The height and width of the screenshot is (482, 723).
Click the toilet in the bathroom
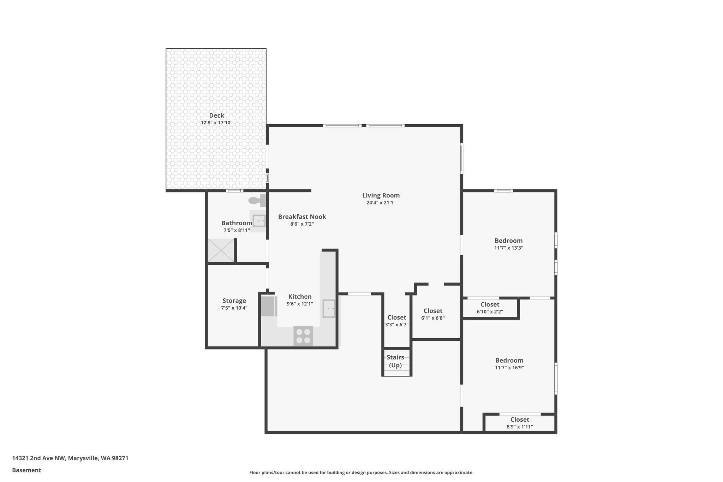[257, 201]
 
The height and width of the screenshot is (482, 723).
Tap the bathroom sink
[259, 221]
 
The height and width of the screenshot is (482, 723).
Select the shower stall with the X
[221, 250]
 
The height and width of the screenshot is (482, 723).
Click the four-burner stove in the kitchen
[303, 336]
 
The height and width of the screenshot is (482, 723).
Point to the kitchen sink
[329, 309]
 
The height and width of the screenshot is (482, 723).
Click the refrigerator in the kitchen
[269, 306]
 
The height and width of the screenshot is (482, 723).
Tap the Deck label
[216, 115]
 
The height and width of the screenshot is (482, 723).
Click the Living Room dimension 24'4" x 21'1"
[381, 203]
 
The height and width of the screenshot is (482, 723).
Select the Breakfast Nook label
[302, 216]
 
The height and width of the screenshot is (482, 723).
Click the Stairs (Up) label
[395, 361]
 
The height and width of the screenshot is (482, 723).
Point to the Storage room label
[234, 300]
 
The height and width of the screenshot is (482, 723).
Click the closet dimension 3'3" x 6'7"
[396, 325]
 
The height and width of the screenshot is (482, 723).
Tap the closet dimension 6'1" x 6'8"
[433, 318]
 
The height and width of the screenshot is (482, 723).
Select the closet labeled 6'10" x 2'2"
[490, 308]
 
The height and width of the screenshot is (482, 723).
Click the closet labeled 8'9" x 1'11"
[520, 423]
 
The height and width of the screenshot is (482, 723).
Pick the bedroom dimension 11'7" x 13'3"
[508, 248]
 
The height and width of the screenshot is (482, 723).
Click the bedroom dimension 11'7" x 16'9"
[509, 368]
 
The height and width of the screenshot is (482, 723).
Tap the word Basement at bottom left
[26, 470]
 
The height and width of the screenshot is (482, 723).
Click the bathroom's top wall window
[234, 191]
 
